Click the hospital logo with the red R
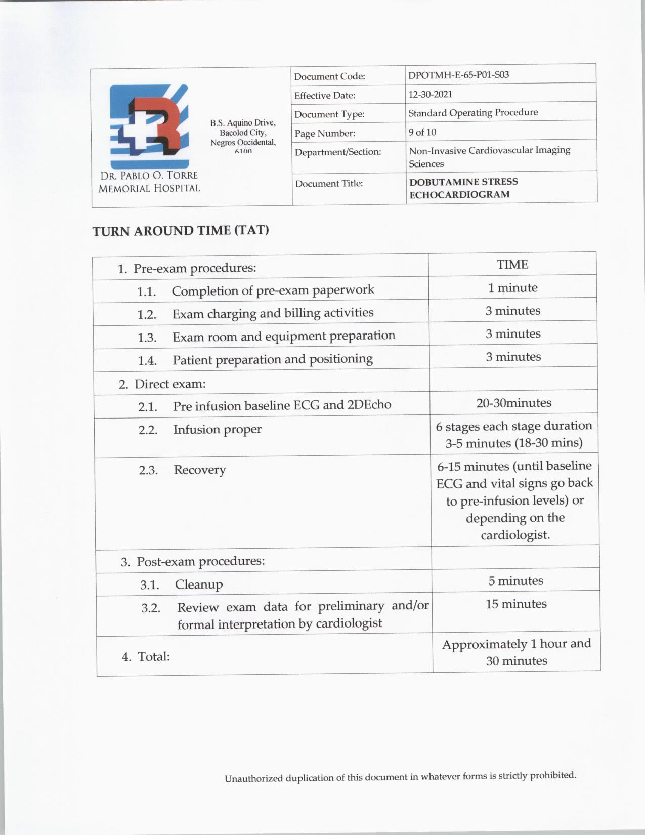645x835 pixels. (149, 126)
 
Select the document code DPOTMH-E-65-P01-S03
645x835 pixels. (458, 75)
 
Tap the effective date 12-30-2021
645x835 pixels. (430, 94)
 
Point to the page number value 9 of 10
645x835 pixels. (422, 132)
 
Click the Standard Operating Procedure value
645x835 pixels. (473, 113)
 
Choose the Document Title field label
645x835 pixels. (329, 183)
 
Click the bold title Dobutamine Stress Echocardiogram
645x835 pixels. (463, 188)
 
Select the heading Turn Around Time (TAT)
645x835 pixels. (181, 231)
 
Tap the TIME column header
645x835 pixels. (512, 265)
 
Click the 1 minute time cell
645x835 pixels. (512, 288)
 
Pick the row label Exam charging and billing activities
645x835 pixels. (273, 314)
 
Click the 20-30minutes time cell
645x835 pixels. (513, 403)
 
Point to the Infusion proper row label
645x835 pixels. (217, 430)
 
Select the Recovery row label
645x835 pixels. (199, 470)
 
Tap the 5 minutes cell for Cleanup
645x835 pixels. (515, 581)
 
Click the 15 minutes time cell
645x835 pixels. (516, 604)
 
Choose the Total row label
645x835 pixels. (153, 657)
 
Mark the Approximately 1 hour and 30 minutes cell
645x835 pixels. (517, 652)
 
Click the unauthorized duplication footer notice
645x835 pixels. (400, 777)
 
